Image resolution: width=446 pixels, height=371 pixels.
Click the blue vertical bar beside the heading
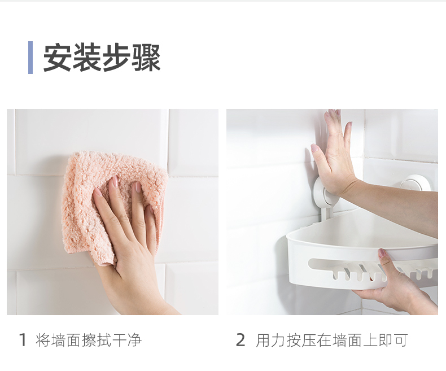pos(30,58)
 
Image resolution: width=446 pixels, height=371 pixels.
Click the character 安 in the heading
pos(58,58)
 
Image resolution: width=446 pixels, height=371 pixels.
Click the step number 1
pos(23,340)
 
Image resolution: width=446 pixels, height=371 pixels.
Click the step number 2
pos(241,340)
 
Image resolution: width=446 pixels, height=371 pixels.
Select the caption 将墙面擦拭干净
pos(89,340)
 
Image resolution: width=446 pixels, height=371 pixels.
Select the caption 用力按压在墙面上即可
pos(331,340)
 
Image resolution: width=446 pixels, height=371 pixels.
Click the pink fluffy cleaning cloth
pos(114,199)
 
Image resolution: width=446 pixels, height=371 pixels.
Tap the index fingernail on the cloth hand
pos(115,181)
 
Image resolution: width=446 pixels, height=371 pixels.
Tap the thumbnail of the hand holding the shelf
pos(382,252)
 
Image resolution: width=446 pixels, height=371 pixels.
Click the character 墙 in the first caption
pos(58,340)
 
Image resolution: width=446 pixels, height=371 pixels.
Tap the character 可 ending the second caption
pos(400,340)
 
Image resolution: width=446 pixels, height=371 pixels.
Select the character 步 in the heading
pos(116,58)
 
